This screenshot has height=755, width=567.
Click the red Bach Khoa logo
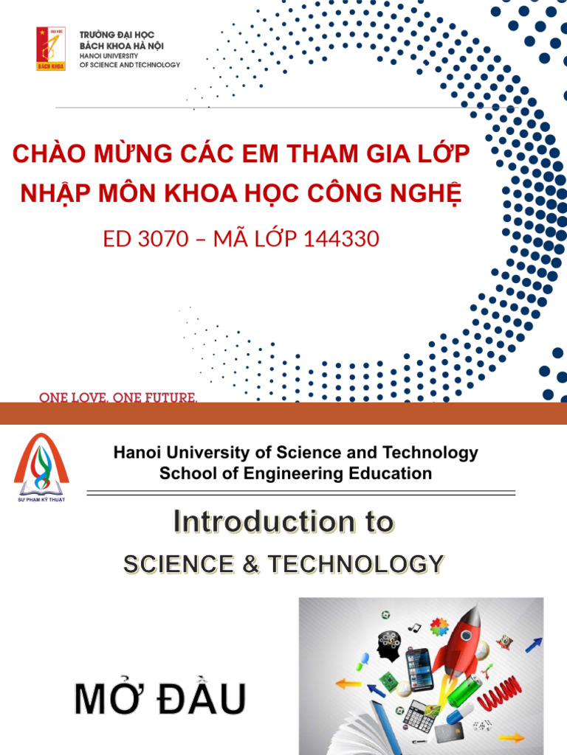coord(51,49)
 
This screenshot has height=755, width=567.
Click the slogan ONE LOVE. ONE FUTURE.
coord(118,398)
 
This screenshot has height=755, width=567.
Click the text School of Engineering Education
coord(295,473)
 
